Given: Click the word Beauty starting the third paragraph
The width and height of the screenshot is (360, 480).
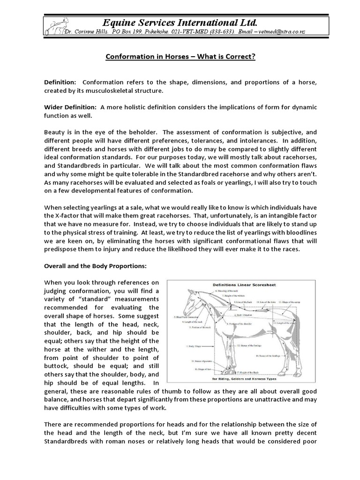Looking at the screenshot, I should click(x=55, y=132).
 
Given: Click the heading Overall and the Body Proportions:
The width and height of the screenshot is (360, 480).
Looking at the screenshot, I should click(x=95, y=266).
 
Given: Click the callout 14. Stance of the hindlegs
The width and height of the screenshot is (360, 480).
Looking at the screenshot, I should click(x=268, y=356).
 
